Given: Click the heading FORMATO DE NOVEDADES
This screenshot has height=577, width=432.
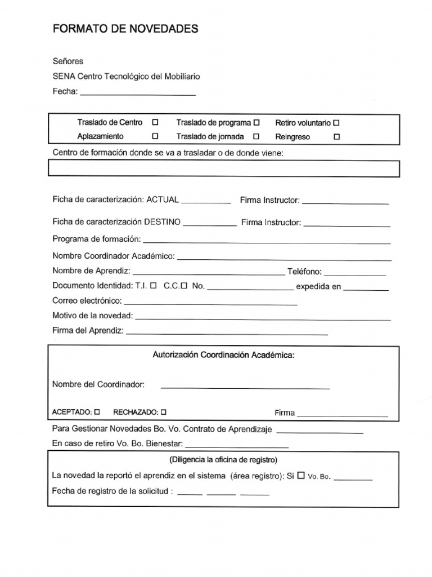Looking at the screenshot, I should pos(125,29).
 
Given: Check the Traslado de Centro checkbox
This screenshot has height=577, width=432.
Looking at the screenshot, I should pos(155,122).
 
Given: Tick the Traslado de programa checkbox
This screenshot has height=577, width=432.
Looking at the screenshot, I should pos(256,122).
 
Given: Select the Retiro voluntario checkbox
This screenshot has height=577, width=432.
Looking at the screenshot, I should pos(336,122).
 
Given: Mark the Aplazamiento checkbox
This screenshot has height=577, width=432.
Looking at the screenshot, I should pos(155,136).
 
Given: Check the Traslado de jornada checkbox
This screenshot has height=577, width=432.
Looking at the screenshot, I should pos(256,136).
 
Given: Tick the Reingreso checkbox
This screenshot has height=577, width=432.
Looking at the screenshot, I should pos(336,136).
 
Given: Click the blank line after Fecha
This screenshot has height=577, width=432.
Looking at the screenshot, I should pos(138,94).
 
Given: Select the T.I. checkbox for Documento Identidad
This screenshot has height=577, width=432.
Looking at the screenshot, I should pos(154,286).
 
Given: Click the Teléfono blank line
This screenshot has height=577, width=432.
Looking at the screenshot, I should pos(355,273).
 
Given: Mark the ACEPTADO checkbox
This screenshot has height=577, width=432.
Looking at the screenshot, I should pos(97,412).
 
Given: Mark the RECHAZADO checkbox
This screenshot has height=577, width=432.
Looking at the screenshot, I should pos(164,412).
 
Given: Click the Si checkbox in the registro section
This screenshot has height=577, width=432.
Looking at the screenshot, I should pos(301,476).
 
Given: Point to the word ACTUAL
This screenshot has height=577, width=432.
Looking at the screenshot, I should pos(163,199).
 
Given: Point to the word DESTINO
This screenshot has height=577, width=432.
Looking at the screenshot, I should pos(163,222).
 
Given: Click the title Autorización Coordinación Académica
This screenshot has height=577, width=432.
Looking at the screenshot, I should pos(224,355).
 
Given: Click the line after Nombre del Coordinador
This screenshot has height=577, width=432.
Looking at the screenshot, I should pos(245,387).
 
